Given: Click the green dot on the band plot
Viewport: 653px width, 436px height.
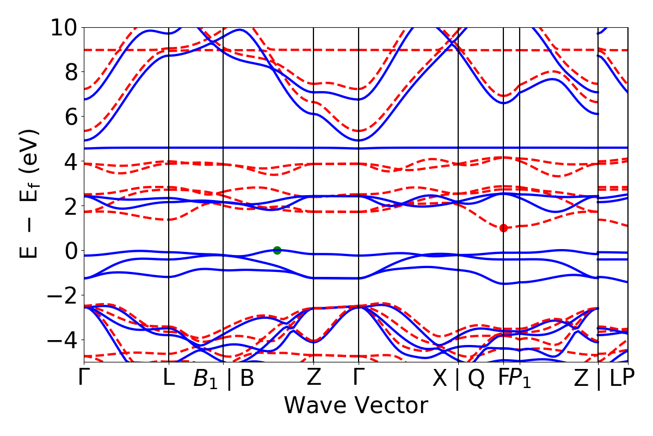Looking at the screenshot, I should click(x=277, y=250).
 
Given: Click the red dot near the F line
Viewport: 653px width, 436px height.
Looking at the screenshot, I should click(x=503, y=228).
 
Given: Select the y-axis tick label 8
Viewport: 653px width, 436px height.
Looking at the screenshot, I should click(x=69, y=72).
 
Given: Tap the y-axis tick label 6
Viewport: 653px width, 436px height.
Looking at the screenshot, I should click(x=69, y=117).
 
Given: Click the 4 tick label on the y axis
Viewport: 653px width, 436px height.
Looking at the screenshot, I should click(x=69, y=161).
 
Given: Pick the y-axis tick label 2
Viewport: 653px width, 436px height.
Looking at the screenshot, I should click(x=69, y=206).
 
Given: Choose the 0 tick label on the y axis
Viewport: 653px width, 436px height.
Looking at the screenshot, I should click(x=69, y=251).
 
